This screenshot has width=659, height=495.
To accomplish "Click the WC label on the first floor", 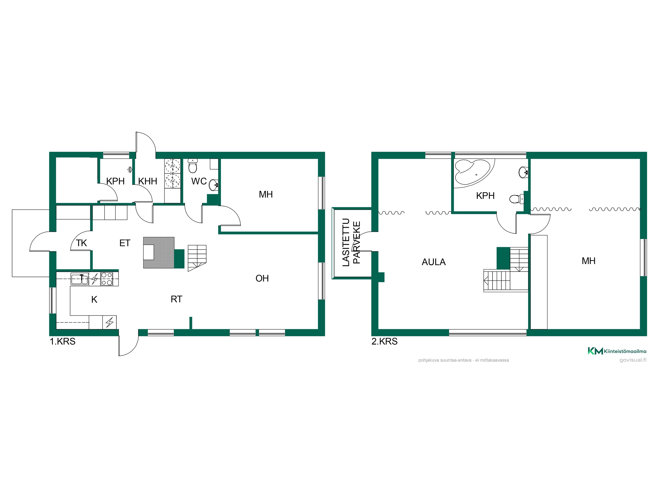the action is click(199, 181).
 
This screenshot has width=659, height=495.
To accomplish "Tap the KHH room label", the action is click(147, 181).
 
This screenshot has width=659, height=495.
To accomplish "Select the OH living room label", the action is click(262, 279).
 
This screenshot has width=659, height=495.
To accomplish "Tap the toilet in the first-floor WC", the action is click(193, 166).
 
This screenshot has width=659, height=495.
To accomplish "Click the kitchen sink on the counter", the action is click(80, 279).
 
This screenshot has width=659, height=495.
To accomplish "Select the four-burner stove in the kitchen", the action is click(107, 279).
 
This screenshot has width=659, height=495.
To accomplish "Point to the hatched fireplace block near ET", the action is click(159, 253).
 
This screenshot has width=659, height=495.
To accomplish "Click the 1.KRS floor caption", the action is click(63, 342).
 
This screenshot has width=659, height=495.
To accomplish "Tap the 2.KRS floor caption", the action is click(384, 342).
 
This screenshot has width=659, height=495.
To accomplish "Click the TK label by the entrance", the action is click(81, 243).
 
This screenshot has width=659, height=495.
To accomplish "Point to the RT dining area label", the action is click(176, 299).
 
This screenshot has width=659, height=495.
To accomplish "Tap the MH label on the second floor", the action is click(588, 261).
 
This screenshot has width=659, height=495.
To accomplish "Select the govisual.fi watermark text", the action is click(633, 360).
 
